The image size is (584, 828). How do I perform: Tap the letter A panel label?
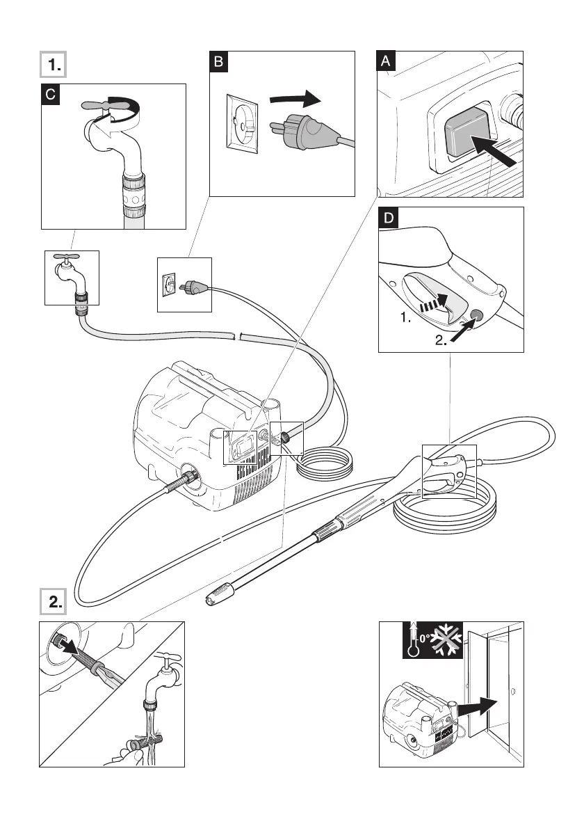[x=387, y=62]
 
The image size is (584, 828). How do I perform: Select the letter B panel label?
[x=218, y=62]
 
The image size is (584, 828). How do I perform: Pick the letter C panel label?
[x=50, y=94]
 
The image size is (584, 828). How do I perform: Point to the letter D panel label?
[x=388, y=218]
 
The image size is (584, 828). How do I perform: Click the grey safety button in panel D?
[x=477, y=316]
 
